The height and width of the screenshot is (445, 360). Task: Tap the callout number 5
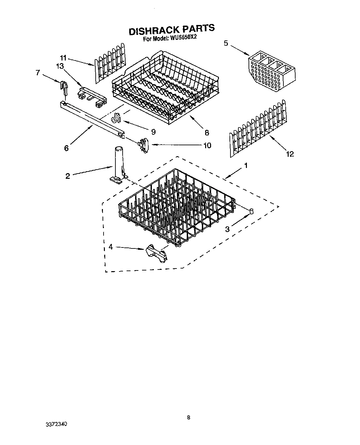click(226, 43)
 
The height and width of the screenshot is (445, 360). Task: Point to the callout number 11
click(63, 58)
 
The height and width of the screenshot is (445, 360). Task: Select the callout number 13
click(60, 66)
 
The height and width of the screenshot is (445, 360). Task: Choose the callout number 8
click(206, 132)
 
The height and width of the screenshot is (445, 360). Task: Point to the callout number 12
click(290, 153)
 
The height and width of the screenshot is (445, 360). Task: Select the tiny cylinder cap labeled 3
click(252, 210)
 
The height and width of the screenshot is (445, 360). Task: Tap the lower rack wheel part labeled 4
click(155, 253)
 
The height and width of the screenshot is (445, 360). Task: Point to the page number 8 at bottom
click(188, 418)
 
